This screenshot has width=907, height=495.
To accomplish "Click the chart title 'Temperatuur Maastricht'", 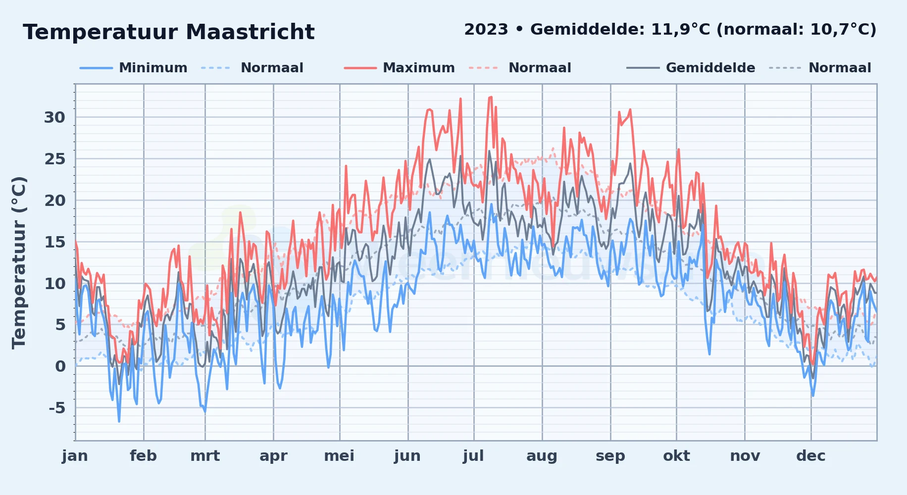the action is [169, 32].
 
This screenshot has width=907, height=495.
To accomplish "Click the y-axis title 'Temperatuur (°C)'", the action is [19, 262].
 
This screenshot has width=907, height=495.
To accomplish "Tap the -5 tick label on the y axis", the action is [57, 408].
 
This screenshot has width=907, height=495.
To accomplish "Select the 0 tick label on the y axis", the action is [60, 366].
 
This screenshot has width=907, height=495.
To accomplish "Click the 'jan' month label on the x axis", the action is [75, 456].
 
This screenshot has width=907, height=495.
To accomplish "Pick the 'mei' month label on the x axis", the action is [339, 456].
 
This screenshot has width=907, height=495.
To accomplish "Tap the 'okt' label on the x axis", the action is [676, 456].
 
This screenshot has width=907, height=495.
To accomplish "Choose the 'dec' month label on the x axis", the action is [811, 456].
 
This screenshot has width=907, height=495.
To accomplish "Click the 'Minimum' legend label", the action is [153, 68].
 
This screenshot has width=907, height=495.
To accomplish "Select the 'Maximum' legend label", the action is [419, 68].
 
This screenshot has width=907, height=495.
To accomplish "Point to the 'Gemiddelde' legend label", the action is [710, 68].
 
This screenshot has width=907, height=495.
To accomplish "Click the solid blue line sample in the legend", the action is [97, 68].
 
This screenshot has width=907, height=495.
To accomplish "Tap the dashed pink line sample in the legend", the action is [483, 68].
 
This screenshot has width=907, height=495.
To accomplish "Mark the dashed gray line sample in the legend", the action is [785, 68].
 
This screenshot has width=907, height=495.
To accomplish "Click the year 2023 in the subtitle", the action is [486, 30].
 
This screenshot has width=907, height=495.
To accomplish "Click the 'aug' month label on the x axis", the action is [542, 456].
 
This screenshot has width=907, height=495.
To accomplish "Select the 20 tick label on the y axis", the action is [54, 200].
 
